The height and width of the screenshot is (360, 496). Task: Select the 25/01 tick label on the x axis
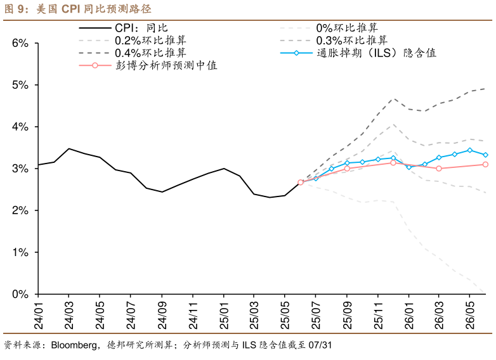[223, 313]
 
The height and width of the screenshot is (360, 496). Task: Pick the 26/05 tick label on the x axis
[470, 313]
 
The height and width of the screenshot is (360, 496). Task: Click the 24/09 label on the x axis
[162, 313]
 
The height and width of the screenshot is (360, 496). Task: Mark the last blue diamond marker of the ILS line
[485, 155]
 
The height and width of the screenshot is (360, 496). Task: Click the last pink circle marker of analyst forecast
[485, 164]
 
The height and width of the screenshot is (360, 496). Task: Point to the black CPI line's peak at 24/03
[69, 148]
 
